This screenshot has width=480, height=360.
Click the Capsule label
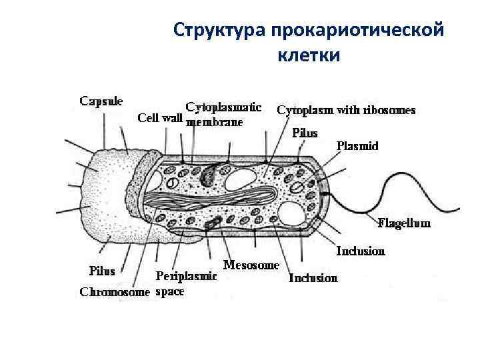click(101, 101)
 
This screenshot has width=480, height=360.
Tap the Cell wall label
click(160, 118)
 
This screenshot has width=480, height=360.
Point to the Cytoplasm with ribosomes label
click(346, 110)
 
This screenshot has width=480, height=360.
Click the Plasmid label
click(357, 145)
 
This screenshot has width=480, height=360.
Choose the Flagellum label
click(404, 223)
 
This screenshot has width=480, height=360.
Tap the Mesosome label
click(251, 265)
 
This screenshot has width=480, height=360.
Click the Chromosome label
click(115, 291)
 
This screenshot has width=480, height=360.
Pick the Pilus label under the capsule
click(102, 271)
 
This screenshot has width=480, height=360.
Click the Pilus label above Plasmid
click(305, 133)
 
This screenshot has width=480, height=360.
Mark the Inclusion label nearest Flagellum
click(361, 251)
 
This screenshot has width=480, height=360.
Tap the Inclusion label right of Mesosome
click(313, 277)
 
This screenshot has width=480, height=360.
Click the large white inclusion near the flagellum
click(293, 215)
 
